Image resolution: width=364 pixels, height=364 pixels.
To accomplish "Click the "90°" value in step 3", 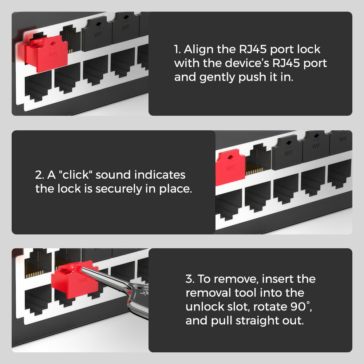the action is tap(303, 306).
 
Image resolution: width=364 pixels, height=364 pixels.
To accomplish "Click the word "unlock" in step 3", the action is tap(205, 306).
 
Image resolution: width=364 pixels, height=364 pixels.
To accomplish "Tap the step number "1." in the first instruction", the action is tap(177, 49).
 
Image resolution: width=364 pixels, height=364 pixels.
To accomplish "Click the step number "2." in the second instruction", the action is tap(40, 175).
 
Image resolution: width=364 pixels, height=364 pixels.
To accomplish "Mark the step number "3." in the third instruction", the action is tap(190, 279).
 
